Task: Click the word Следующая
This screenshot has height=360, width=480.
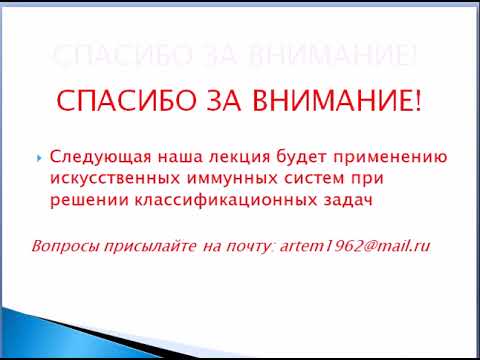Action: point(92,157)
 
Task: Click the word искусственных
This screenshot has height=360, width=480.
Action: point(108,181)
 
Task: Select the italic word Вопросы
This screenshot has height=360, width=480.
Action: point(62,246)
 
